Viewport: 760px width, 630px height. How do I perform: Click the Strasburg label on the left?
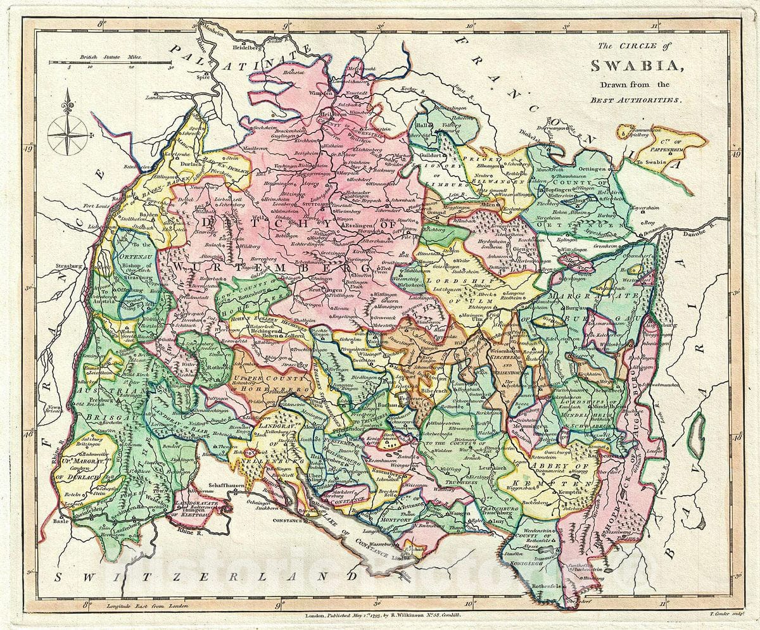tap(55, 258)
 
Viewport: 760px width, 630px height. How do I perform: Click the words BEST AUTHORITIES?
tap(635, 100)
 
